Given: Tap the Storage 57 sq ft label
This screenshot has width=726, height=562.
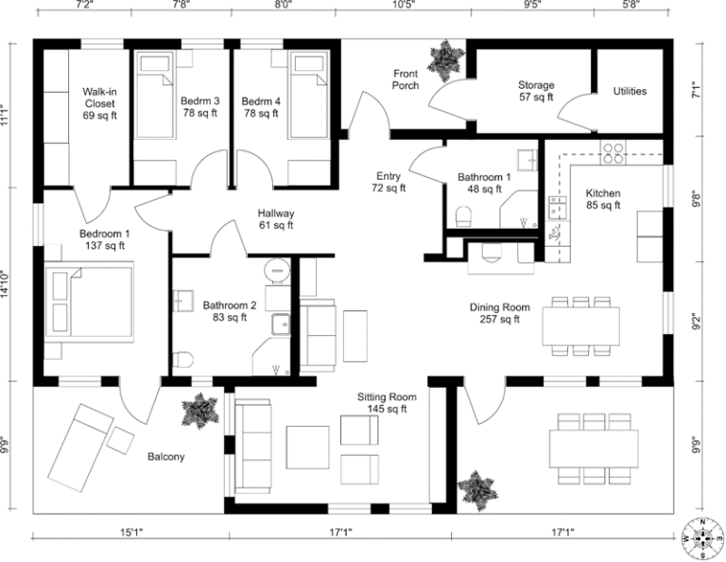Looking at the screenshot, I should [x=535, y=91].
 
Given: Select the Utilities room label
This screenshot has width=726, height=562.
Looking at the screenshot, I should [x=630, y=91].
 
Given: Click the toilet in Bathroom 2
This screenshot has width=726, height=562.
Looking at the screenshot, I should [x=183, y=360].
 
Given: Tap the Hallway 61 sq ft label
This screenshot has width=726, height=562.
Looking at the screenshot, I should [x=277, y=220].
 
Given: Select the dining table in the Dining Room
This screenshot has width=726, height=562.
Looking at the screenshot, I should [x=580, y=325].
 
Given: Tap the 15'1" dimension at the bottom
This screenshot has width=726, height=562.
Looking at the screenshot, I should [x=131, y=532].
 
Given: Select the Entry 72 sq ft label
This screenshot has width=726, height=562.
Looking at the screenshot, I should [x=389, y=182].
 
